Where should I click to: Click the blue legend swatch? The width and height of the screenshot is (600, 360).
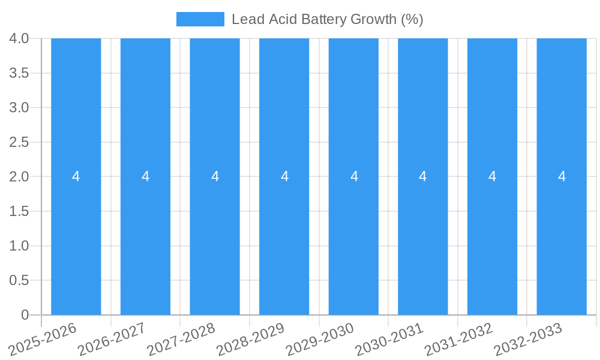[x=200, y=19]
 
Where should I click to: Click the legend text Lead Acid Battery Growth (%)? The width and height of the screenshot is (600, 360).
[x=327, y=19]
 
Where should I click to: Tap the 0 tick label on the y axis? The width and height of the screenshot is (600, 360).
[x=25, y=315]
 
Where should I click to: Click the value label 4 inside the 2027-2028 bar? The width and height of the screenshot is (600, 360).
[x=215, y=176]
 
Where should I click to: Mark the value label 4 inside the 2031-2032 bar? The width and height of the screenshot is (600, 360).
[x=492, y=176]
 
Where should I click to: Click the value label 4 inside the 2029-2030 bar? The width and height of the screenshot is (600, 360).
[x=354, y=176]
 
